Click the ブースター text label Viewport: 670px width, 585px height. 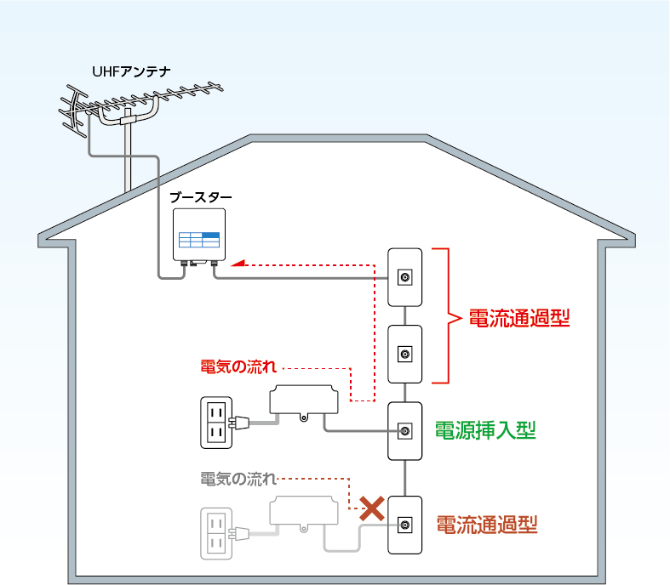click(200, 196)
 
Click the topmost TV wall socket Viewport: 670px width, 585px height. click(405, 277)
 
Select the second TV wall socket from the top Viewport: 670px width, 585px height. click(405, 354)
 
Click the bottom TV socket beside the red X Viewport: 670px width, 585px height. click(405, 525)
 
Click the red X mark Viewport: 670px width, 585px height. click(371, 509)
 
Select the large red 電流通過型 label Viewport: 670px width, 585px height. click(518, 319)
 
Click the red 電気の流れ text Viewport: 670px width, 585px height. click(238, 368)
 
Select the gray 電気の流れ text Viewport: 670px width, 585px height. click(238, 478)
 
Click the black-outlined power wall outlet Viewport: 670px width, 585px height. click(215, 423)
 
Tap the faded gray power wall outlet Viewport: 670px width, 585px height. click(215, 533)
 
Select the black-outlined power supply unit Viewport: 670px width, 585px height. click(303, 402)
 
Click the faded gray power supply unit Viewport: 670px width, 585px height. click(303, 513)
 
